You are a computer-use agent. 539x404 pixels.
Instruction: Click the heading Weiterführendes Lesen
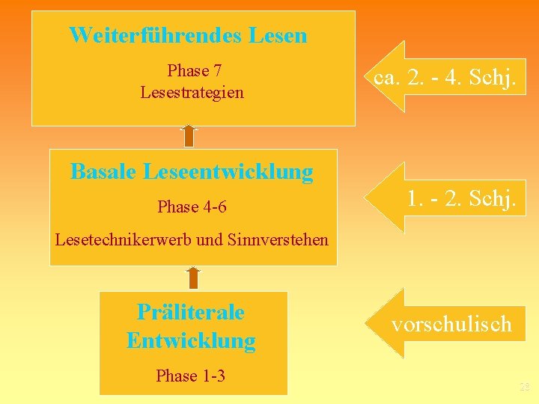pyautogui.click(x=188, y=35)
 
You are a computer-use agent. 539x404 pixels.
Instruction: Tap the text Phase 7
pyautogui.click(x=195, y=71)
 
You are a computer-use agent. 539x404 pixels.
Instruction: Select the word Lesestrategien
pyautogui.click(x=192, y=93)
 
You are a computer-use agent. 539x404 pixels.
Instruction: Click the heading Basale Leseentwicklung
pyautogui.click(x=192, y=172)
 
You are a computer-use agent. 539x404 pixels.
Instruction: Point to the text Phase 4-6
pyautogui.click(x=192, y=206)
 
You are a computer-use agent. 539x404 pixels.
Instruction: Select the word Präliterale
pyautogui.click(x=191, y=311)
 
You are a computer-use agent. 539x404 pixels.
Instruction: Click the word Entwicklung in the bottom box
pyautogui.click(x=191, y=341)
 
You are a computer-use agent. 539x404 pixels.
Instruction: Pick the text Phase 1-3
pyautogui.click(x=190, y=376)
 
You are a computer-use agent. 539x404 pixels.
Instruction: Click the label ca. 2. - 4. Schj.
pyautogui.click(x=444, y=77)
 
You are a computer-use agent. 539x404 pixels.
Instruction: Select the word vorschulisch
pyautogui.click(x=451, y=324)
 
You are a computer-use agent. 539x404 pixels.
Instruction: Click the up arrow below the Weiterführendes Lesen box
pyautogui.click(x=189, y=135)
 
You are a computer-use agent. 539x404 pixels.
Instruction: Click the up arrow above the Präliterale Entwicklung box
pyautogui.click(x=193, y=277)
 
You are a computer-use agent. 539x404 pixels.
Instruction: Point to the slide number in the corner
pyautogui.click(x=524, y=387)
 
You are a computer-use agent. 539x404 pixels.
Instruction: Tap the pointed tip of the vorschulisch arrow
pyautogui.click(x=367, y=322)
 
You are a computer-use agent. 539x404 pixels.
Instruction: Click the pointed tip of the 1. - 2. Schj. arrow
pyautogui.click(x=366, y=197)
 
